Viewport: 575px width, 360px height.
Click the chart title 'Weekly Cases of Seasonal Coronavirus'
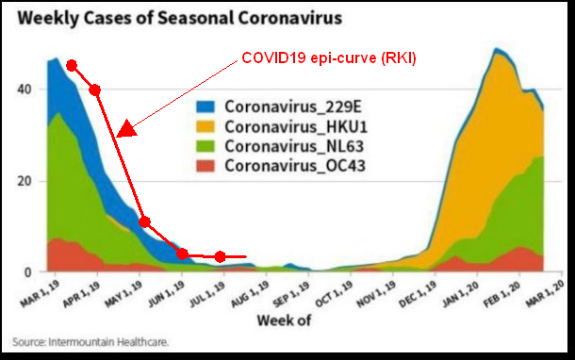[180, 18]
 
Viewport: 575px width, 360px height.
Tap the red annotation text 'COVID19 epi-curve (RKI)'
[329, 57]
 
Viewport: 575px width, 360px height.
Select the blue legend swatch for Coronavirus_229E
[205, 106]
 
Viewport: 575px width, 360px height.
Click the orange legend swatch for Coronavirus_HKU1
[205, 126]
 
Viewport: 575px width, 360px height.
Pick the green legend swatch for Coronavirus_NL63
[205, 146]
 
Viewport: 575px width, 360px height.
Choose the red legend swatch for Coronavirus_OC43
[205, 166]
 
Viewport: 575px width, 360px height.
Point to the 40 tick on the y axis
[25, 90]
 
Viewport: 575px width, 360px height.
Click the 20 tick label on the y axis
[25, 181]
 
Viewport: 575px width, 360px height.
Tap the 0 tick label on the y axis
[28, 272]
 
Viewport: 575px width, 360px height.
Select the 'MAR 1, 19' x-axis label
[40, 294]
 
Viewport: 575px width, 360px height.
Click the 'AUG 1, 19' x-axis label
[251, 294]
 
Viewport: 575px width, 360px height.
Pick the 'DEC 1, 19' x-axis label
[419, 294]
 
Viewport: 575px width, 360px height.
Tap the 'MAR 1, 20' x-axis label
[545, 294]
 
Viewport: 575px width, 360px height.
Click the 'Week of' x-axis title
[284, 320]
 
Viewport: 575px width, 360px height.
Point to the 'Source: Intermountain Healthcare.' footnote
[90, 342]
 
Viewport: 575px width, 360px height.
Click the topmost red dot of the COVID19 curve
[72, 66]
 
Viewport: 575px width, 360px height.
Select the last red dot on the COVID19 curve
[220, 256]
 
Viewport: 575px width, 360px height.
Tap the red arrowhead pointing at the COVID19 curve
[125, 129]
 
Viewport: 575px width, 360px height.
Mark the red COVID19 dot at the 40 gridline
[95, 90]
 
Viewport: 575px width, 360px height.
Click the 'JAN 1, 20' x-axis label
[461, 294]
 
